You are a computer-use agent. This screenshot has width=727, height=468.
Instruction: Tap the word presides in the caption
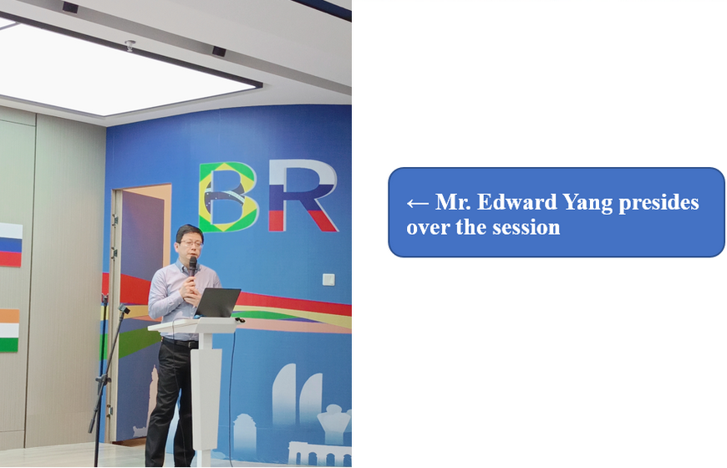658,203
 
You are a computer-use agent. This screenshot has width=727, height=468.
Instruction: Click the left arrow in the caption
417,203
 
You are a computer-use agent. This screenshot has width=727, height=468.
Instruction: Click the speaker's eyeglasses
191,243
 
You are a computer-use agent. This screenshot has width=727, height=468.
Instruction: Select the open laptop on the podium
217,303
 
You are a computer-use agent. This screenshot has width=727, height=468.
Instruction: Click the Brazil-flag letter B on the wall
228,196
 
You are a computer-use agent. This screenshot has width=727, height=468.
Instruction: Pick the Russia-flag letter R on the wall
302,196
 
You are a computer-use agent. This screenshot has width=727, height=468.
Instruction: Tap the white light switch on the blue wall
328,280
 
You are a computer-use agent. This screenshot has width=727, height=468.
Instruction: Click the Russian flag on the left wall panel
11,245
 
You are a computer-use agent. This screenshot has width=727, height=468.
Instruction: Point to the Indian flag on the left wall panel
9,330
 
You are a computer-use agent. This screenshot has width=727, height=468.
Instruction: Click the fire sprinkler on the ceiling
130,45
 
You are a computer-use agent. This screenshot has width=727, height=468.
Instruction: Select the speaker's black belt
180,343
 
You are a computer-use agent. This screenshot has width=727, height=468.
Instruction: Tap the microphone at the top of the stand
124,308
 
